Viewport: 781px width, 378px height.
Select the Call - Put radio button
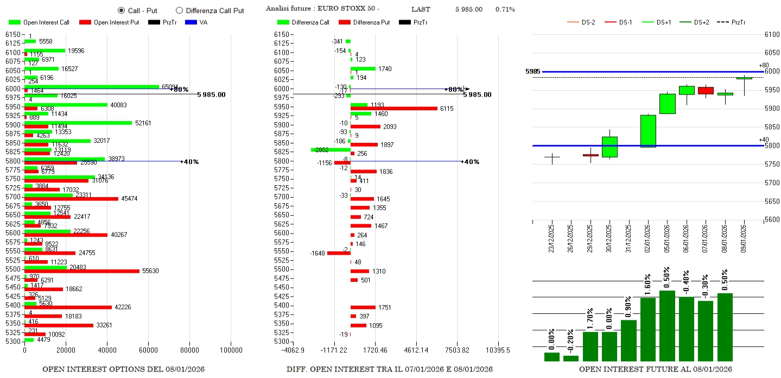[x=121, y=10]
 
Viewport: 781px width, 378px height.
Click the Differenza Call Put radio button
[x=179, y=10]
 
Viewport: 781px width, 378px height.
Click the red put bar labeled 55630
[x=81, y=270]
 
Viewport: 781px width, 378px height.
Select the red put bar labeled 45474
[x=71, y=199]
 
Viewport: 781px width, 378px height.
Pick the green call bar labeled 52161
[x=78, y=123]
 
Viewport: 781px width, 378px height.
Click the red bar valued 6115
[x=393, y=109]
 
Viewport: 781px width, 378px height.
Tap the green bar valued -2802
[x=331, y=149]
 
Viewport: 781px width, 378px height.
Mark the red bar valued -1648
[x=339, y=253]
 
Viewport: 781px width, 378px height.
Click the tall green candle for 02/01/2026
[x=648, y=131]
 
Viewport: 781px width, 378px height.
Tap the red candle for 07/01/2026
[x=706, y=91]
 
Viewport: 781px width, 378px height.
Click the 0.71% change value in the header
[x=505, y=10]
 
